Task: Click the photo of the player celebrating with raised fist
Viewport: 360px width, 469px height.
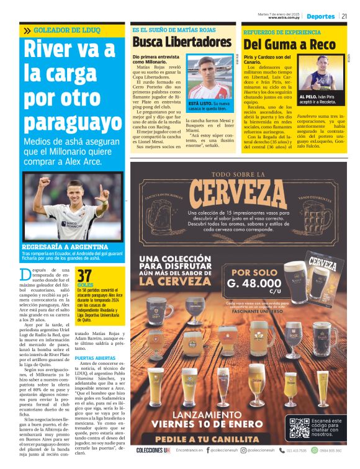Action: pos(71,209)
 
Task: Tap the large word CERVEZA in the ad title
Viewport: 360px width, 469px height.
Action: pos(242,188)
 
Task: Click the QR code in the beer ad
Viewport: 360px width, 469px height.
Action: pos(310,429)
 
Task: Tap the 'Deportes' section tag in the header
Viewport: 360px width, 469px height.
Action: pos(321,16)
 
